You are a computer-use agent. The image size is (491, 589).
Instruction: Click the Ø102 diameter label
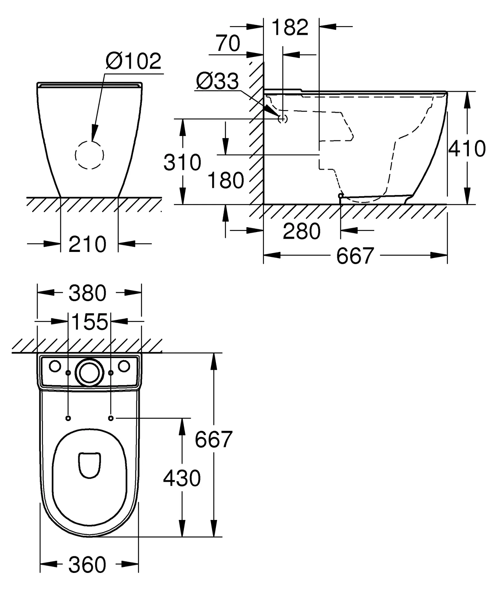pos(134,61)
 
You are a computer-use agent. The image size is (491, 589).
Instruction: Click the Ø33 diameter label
pos(217,81)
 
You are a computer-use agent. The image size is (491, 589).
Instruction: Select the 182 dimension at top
pos(290,27)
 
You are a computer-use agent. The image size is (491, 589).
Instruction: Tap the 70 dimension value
pos(228,43)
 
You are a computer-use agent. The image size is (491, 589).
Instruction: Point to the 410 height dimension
pos(467,149)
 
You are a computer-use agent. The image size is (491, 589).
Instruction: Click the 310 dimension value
pos(182,162)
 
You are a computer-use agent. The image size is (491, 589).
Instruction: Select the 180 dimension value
pos(226,181)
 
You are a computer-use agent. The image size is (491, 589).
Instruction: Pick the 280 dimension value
pos(302,231)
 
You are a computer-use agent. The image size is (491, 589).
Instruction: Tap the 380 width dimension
pos(87,293)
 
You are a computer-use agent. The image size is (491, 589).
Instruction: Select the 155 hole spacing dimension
pos(89,322)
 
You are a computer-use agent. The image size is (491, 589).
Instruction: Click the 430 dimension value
pos(182,479)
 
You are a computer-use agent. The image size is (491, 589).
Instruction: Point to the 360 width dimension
pos(87,565)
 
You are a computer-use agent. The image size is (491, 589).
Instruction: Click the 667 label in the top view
pos(213,439)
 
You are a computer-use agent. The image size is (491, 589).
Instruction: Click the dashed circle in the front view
pos(89,155)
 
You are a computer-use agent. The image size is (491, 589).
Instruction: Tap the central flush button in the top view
pos(89,372)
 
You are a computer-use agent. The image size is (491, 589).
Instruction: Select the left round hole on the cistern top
pos(55,366)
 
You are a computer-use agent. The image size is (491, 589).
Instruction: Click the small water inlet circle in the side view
pos(283,118)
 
